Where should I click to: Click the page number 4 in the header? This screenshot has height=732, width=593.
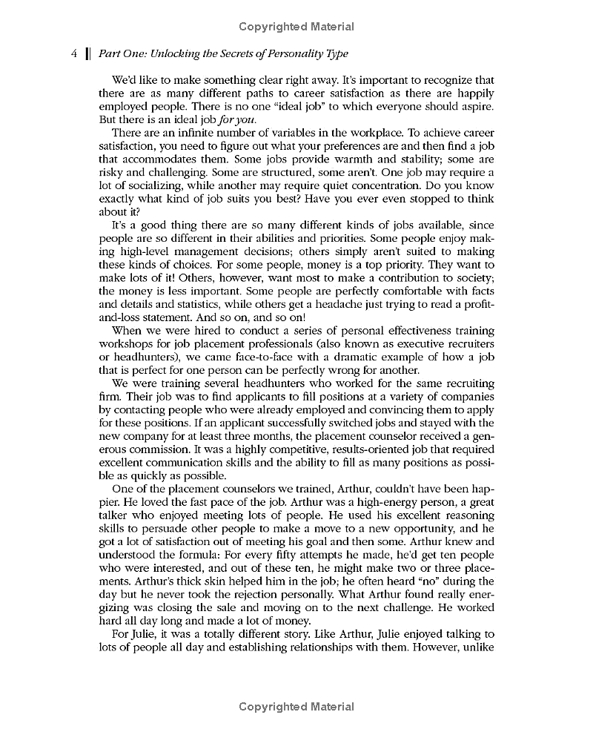tap(73, 53)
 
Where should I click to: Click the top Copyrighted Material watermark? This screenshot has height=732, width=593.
tap(296, 27)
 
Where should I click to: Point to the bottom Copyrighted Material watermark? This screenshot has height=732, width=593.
tap(296, 707)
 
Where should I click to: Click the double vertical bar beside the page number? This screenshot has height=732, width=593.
tap(87, 53)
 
